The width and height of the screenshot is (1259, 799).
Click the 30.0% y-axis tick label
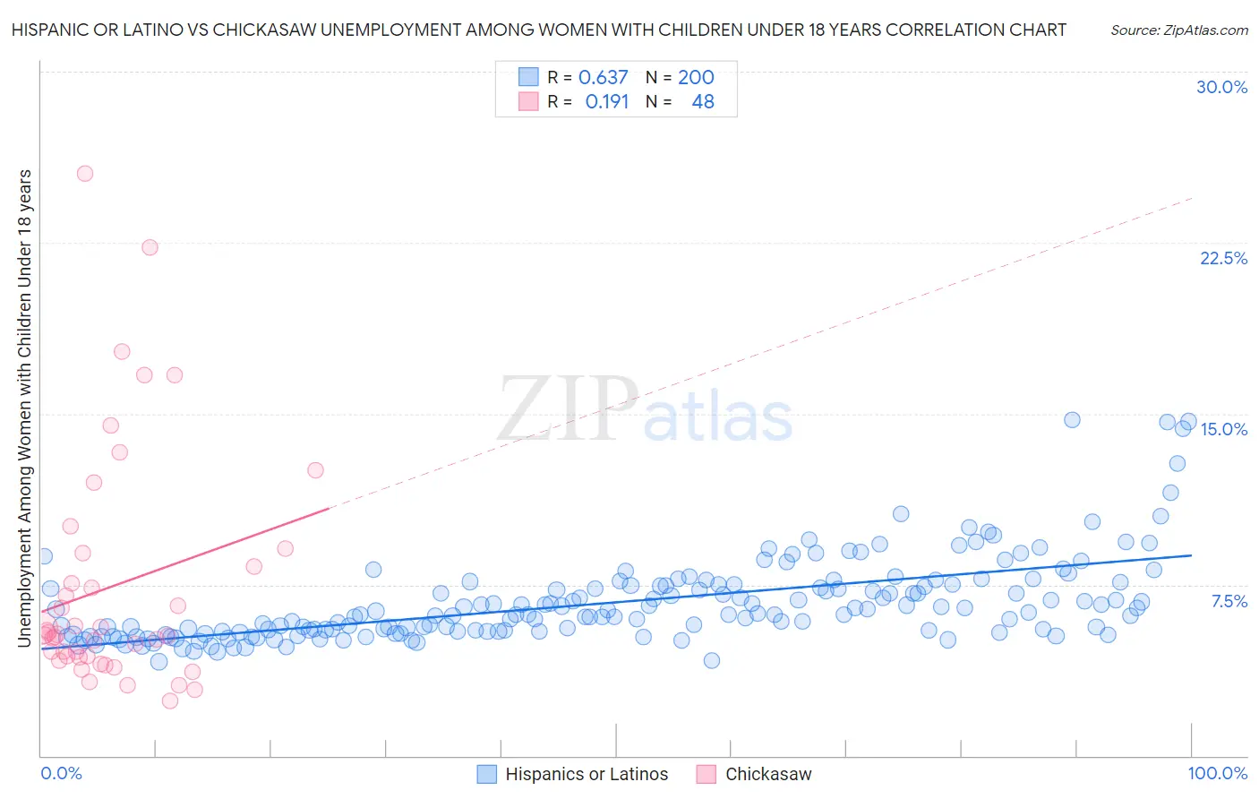click(1221, 87)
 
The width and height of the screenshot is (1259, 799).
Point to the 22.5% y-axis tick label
click(1223, 258)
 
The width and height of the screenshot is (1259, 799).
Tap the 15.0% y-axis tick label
click(1223, 429)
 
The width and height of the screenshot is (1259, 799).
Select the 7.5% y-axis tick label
click(1229, 601)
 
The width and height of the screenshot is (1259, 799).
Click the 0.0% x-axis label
click(61, 773)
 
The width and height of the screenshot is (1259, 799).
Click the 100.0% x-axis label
click(1217, 773)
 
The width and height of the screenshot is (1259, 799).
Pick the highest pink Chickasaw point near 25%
click(85, 174)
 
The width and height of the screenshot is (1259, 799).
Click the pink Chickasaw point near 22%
click(150, 247)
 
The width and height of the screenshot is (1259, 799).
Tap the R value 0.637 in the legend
click(603, 77)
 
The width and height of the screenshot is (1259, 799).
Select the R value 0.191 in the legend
click(606, 102)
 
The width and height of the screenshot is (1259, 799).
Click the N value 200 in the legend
click(696, 77)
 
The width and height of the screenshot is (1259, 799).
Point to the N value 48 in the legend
click(703, 102)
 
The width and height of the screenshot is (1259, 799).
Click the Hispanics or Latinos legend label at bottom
click(587, 774)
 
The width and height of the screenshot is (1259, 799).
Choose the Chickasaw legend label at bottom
click(768, 774)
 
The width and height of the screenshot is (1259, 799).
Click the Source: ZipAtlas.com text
click(1178, 30)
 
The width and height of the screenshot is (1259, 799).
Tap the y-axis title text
click(24, 408)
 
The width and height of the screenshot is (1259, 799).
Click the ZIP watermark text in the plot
click(566, 410)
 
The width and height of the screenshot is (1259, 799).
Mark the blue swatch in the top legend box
click(528, 77)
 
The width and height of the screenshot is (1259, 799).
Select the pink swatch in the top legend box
click(528, 102)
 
